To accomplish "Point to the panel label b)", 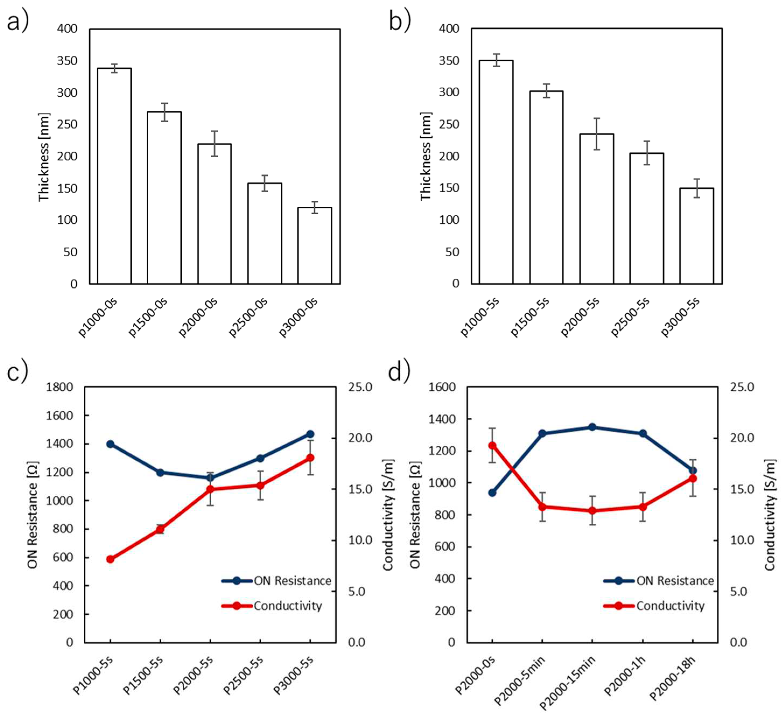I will pyautogui.click(x=400, y=21).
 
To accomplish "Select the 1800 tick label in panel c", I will pyautogui.click(x=59, y=387).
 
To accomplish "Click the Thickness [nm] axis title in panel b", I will pyautogui.click(x=426, y=156).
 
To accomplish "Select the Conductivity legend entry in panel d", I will pyautogui.click(x=655, y=606).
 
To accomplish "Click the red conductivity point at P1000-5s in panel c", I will pyautogui.click(x=110, y=559).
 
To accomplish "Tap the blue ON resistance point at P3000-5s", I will pyautogui.click(x=310, y=434).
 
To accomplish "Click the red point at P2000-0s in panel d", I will pyautogui.click(x=492, y=445).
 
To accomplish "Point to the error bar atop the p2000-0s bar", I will pyautogui.click(x=215, y=143).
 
